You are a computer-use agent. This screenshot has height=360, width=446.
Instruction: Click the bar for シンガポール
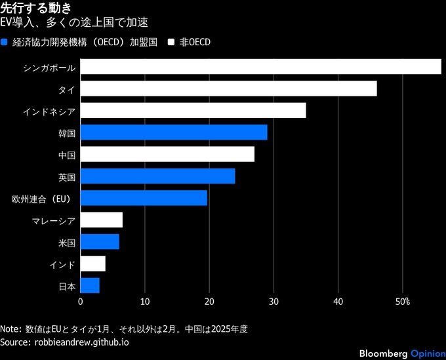[x=260, y=67]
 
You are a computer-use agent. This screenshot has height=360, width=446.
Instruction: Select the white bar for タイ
[x=228, y=89]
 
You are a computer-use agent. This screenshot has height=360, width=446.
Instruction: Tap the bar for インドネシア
[x=193, y=110]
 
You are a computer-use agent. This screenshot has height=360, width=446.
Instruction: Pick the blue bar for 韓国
[x=173, y=132]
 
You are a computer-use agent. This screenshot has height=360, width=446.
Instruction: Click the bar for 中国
[x=167, y=154]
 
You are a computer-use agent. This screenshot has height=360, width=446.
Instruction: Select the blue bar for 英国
[x=157, y=176]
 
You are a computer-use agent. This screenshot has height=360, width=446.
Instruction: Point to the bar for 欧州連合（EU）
[x=143, y=198]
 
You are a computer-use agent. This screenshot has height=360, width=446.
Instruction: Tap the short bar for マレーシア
[x=101, y=220]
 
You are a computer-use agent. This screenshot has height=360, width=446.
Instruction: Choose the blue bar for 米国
[x=99, y=241]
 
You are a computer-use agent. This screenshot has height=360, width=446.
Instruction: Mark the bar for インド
[x=92, y=264]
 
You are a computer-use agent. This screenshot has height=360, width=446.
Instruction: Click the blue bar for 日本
[x=89, y=285]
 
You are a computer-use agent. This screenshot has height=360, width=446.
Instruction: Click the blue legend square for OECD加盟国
[x=5, y=42]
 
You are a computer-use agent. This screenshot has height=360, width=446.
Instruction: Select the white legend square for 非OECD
[x=171, y=42]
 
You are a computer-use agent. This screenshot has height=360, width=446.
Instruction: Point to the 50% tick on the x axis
[x=402, y=302]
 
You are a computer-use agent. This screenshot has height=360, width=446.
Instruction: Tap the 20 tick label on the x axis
[x=209, y=302]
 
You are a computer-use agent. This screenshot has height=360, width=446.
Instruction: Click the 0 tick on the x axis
[x=81, y=302]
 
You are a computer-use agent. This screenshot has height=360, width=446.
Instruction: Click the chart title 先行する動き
[x=37, y=8]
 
